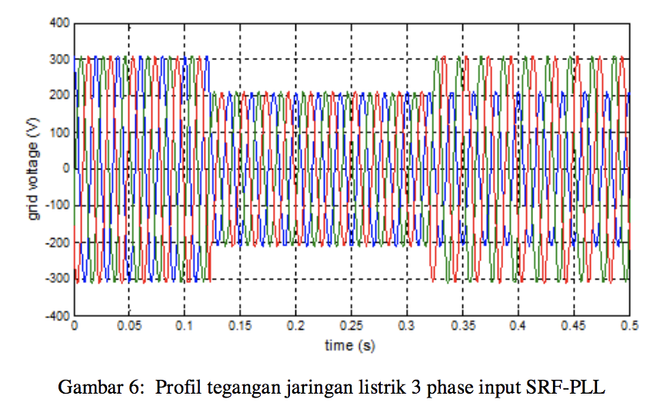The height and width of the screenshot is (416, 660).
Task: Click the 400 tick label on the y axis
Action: coord(60,23)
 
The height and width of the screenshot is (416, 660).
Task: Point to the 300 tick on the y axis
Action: coord(60,59)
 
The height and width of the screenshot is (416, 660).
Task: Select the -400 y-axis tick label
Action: coord(58,316)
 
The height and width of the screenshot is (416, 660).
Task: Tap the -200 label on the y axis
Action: coord(58,243)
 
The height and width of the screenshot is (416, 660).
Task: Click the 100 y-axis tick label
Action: coord(60,133)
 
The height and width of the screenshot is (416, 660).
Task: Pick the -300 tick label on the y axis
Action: coord(58,279)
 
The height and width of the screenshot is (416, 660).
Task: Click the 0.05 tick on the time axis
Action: coord(128,327)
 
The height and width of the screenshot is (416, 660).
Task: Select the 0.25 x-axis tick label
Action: coord(352,327)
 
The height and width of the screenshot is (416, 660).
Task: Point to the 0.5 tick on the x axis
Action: coord(629,327)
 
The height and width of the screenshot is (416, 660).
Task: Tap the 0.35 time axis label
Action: coord(462,327)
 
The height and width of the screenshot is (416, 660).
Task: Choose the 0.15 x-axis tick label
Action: coord(240,327)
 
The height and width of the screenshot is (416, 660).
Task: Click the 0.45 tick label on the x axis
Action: coord(574,327)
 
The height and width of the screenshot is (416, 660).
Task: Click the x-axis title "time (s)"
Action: coord(350,345)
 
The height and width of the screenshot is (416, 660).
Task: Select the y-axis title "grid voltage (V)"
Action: coord(33,169)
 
